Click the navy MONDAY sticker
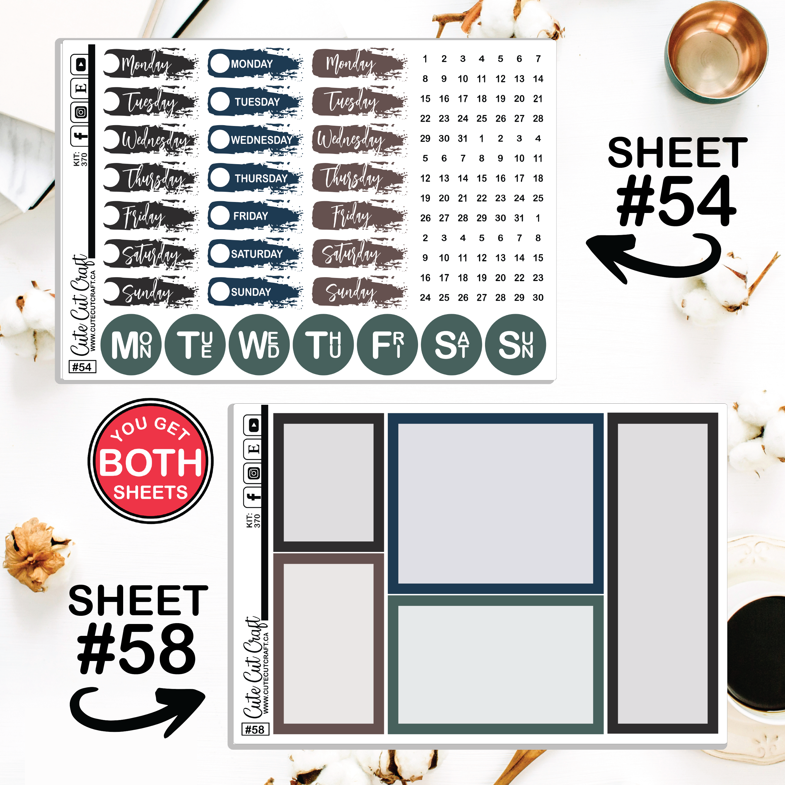click(255, 63)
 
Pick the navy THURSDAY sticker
click(255, 178)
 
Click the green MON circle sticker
click(131, 345)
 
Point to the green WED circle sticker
click(259, 345)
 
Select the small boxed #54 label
click(82, 367)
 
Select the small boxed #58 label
click(255, 729)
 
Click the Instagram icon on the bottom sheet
click(254, 473)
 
